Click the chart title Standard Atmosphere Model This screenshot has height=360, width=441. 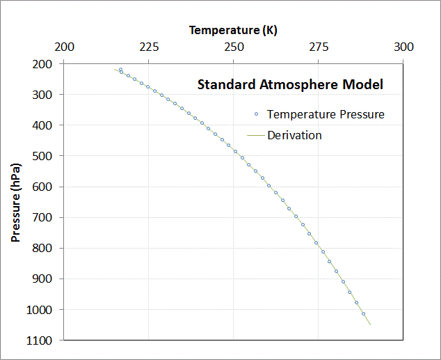point(290,85)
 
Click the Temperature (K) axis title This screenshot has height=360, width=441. point(233,30)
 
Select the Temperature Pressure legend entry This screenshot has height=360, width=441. point(326,114)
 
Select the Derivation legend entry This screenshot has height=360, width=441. point(294,135)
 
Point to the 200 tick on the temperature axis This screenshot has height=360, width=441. point(64,47)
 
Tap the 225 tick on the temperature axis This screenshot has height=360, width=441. point(148,47)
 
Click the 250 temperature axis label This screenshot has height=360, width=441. point(234,47)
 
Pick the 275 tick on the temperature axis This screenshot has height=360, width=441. point(319,47)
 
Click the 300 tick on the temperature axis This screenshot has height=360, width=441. point(403,47)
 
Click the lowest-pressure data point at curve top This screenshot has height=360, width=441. point(120,70)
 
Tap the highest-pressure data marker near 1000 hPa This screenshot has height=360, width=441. point(363,314)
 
